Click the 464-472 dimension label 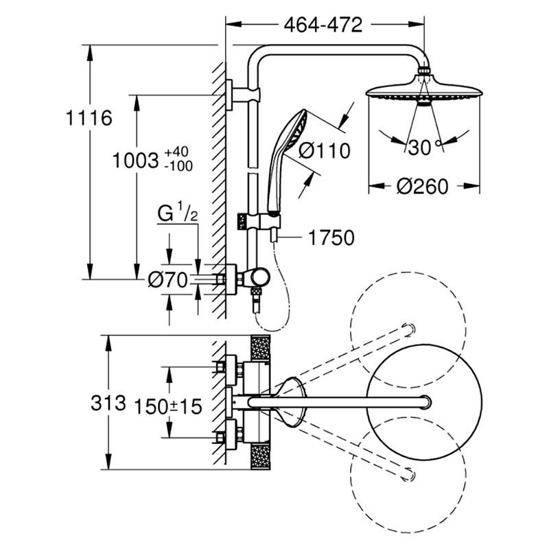[323, 26]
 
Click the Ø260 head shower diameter [422, 185]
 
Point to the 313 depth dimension [108, 403]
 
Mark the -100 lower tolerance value [178, 165]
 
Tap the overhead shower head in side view [419, 91]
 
